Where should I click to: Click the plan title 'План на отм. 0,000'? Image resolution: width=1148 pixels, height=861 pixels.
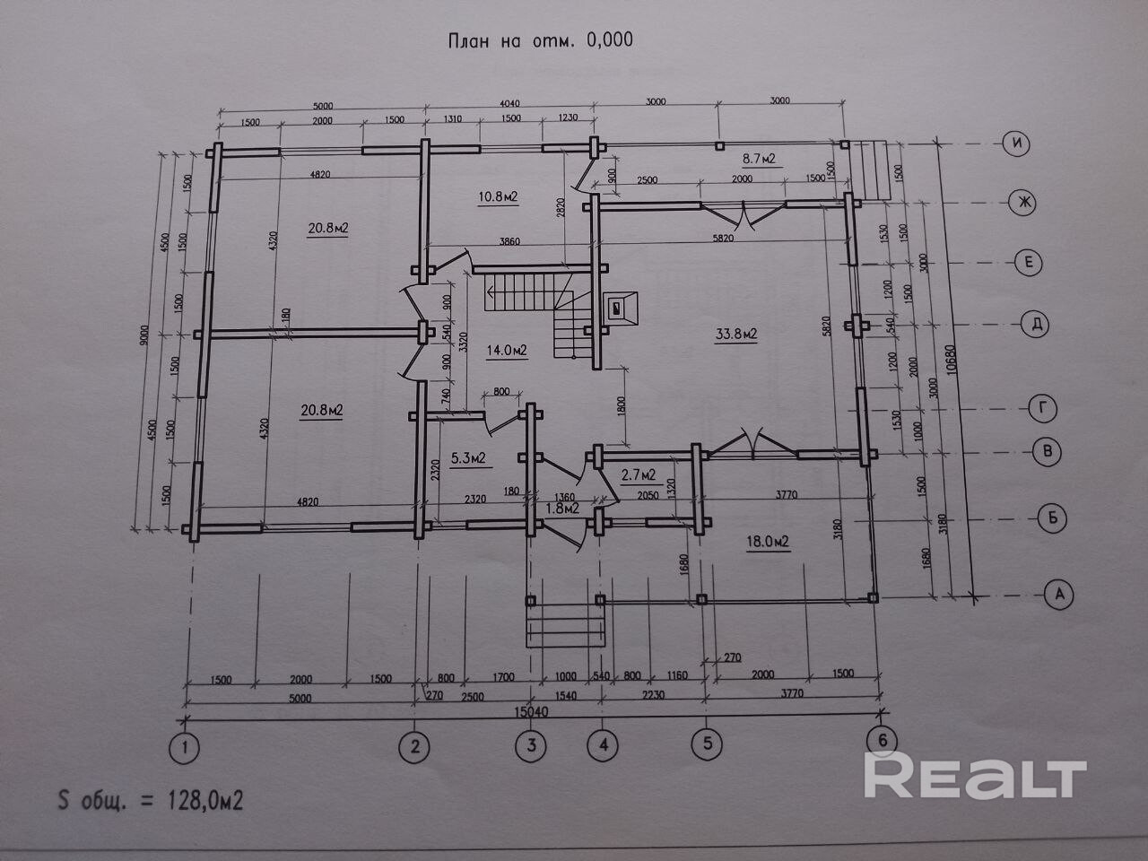coord(539,40)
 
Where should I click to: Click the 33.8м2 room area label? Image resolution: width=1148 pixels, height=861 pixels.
coord(736,335)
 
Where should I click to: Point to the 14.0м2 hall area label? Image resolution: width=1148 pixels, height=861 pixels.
coord(506,351)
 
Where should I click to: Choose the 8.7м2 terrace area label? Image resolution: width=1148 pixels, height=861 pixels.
coord(759,160)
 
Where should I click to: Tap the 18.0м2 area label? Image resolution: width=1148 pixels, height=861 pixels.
coord(768,541)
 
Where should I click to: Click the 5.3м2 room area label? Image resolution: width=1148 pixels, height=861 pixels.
coord(467,457)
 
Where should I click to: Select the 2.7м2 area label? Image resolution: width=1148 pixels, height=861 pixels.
coord(638,474)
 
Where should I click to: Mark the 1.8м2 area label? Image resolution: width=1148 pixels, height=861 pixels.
coord(562,509)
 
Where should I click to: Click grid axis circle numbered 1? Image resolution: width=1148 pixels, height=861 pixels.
coord(186,746)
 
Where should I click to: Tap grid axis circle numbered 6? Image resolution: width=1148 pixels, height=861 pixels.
coord(883,741)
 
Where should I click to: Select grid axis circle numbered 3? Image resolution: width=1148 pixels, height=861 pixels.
coord(531,744)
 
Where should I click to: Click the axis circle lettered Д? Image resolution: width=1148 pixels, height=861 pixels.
coord(1035,324)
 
